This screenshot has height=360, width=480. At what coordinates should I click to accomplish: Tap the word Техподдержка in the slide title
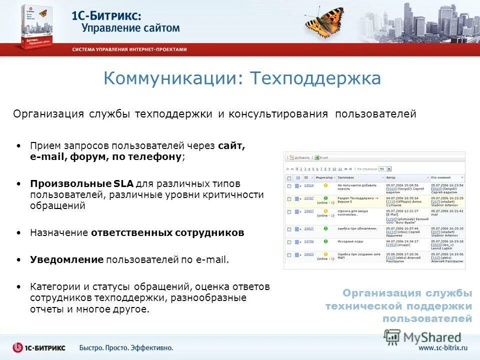click(x=315, y=78)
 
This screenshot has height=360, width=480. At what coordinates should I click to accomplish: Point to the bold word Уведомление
click(x=66, y=259)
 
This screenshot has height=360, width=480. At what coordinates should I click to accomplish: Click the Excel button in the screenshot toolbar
click(x=321, y=157)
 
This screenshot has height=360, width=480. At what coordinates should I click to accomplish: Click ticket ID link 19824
click(x=309, y=185)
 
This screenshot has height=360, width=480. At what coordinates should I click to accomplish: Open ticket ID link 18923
click(x=309, y=254)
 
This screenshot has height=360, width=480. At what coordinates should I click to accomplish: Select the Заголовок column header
click(x=345, y=177)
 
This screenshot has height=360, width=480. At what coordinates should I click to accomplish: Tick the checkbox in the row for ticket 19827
click(x=289, y=229)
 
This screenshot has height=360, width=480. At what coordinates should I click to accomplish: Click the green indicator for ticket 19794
click(x=325, y=241)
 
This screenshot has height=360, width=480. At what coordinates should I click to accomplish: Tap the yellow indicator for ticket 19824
click(x=325, y=185)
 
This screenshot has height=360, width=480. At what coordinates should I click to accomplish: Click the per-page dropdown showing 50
click(x=385, y=169)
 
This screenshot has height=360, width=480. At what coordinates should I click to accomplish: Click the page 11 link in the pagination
click(x=340, y=169)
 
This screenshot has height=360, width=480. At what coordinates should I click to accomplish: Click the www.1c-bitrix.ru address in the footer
click(x=443, y=347)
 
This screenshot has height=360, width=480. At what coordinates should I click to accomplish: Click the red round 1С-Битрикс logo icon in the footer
click(x=18, y=347)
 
